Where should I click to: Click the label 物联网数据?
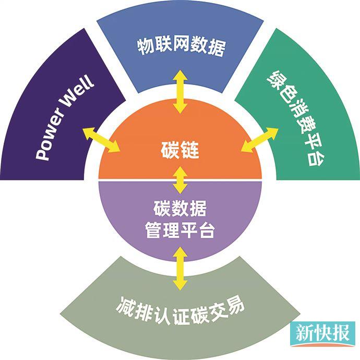[x=181, y=47]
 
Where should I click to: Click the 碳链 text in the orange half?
[x=181, y=152]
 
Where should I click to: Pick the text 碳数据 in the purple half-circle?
[x=180, y=210]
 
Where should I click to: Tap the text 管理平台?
[x=180, y=231]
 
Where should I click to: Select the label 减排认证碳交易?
[x=180, y=308]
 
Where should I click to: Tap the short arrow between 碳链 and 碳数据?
[x=181, y=181]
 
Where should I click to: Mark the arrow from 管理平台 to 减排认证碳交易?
[x=181, y=268]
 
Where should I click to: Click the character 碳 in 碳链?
[x=169, y=152]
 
